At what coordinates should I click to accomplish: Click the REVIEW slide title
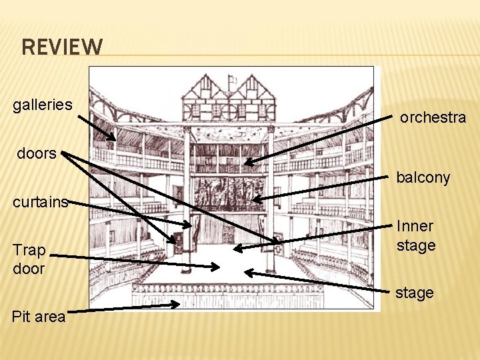pos(63,47)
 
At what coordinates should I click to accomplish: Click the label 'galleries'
pos(43,105)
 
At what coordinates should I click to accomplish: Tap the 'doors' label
pos(37,153)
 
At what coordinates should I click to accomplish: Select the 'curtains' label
pos(41,202)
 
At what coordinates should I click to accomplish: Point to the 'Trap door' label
pos(29,259)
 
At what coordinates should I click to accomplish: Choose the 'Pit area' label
pos(39,317)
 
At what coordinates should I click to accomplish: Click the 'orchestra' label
pos(433,118)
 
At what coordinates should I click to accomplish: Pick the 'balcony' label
pos(423,178)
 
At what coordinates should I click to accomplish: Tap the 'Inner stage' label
pos(416,236)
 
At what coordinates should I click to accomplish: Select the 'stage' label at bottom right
pos(414,293)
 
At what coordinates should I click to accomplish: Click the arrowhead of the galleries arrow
pos(115,140)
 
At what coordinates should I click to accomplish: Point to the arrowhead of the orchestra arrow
pos(245,163)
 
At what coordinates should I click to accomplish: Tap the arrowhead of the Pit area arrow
pos(179,305)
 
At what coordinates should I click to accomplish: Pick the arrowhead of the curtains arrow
pos(191,226)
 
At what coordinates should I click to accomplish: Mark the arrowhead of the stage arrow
pos(246,271)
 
